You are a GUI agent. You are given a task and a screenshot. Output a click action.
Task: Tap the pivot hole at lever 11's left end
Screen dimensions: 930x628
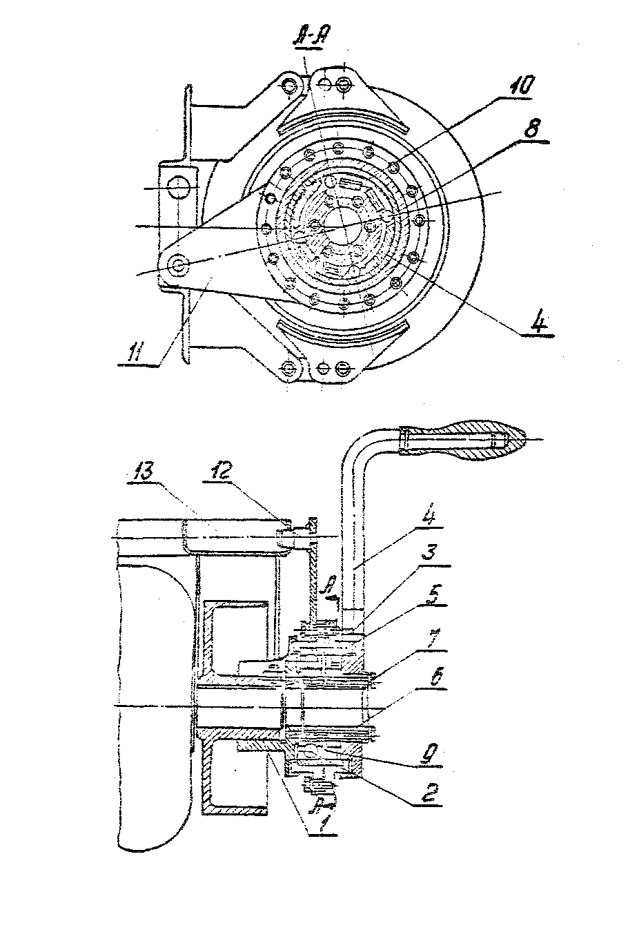click(179, 264)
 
